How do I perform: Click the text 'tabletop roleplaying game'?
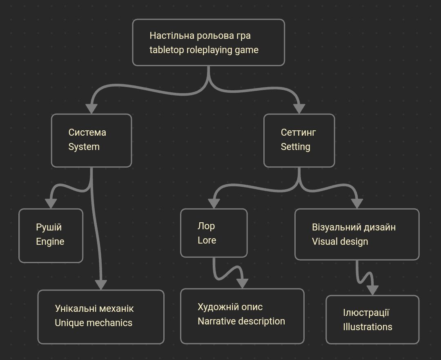[204, 50]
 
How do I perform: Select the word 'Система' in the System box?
[87, 132]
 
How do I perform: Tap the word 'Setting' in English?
[295, 147]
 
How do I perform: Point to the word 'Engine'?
[50, 241]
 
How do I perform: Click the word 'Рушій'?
[49, 227]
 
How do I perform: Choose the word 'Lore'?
[207, 240]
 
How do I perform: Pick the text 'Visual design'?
[340, 241]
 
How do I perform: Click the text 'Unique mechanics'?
[94, 323]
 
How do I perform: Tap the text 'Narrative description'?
[241, 321]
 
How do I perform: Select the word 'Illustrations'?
[367, 327]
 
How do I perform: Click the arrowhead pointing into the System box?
[91, 108]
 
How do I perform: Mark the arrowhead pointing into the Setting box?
[299, 108]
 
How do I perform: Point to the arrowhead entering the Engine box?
[51, 203]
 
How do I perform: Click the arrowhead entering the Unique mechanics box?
[101, 284]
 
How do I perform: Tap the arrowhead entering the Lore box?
[214, 203]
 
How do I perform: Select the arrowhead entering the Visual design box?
[357, 203]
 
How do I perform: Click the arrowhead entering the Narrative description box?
[243, 283]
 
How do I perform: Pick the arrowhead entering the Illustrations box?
[372, 289]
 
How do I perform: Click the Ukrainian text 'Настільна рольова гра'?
[200, 36]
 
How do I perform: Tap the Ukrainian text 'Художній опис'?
[230, 307]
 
